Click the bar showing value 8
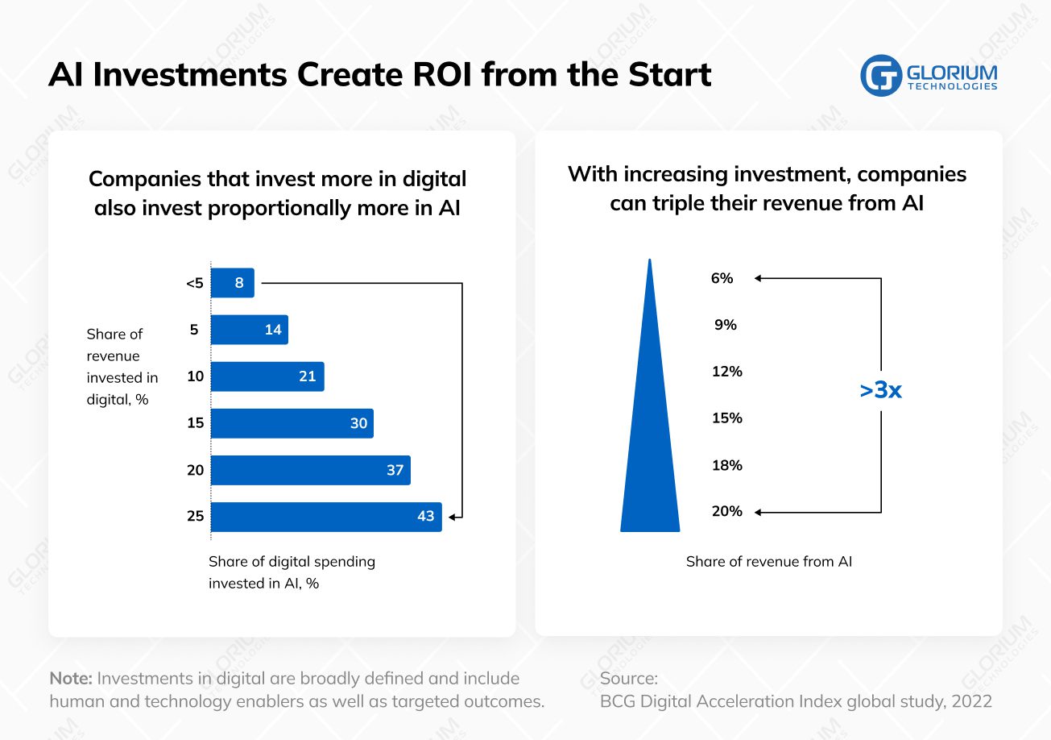click(x=233, y=283)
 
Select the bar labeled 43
click(x=326, y=517)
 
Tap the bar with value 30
click(x=292, y=423)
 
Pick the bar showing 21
click(x=267, y=376)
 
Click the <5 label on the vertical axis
click(x=194, y=283)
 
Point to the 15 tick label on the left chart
click(x=195, y=423)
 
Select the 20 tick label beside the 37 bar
click(x=195, y=470)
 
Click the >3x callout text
click(x=880, y=391)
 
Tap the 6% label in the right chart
click(x=722, y=278)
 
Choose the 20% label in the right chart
click(x=726, y=512)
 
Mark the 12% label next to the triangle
click(x=726, y=372)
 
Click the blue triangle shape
click(x=650, y=451)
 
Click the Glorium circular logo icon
click(x=880, y=76)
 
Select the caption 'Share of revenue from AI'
click(x=768, y=562)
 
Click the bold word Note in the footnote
click(x=71, y=678)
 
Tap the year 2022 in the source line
click(x=971, y=701)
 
